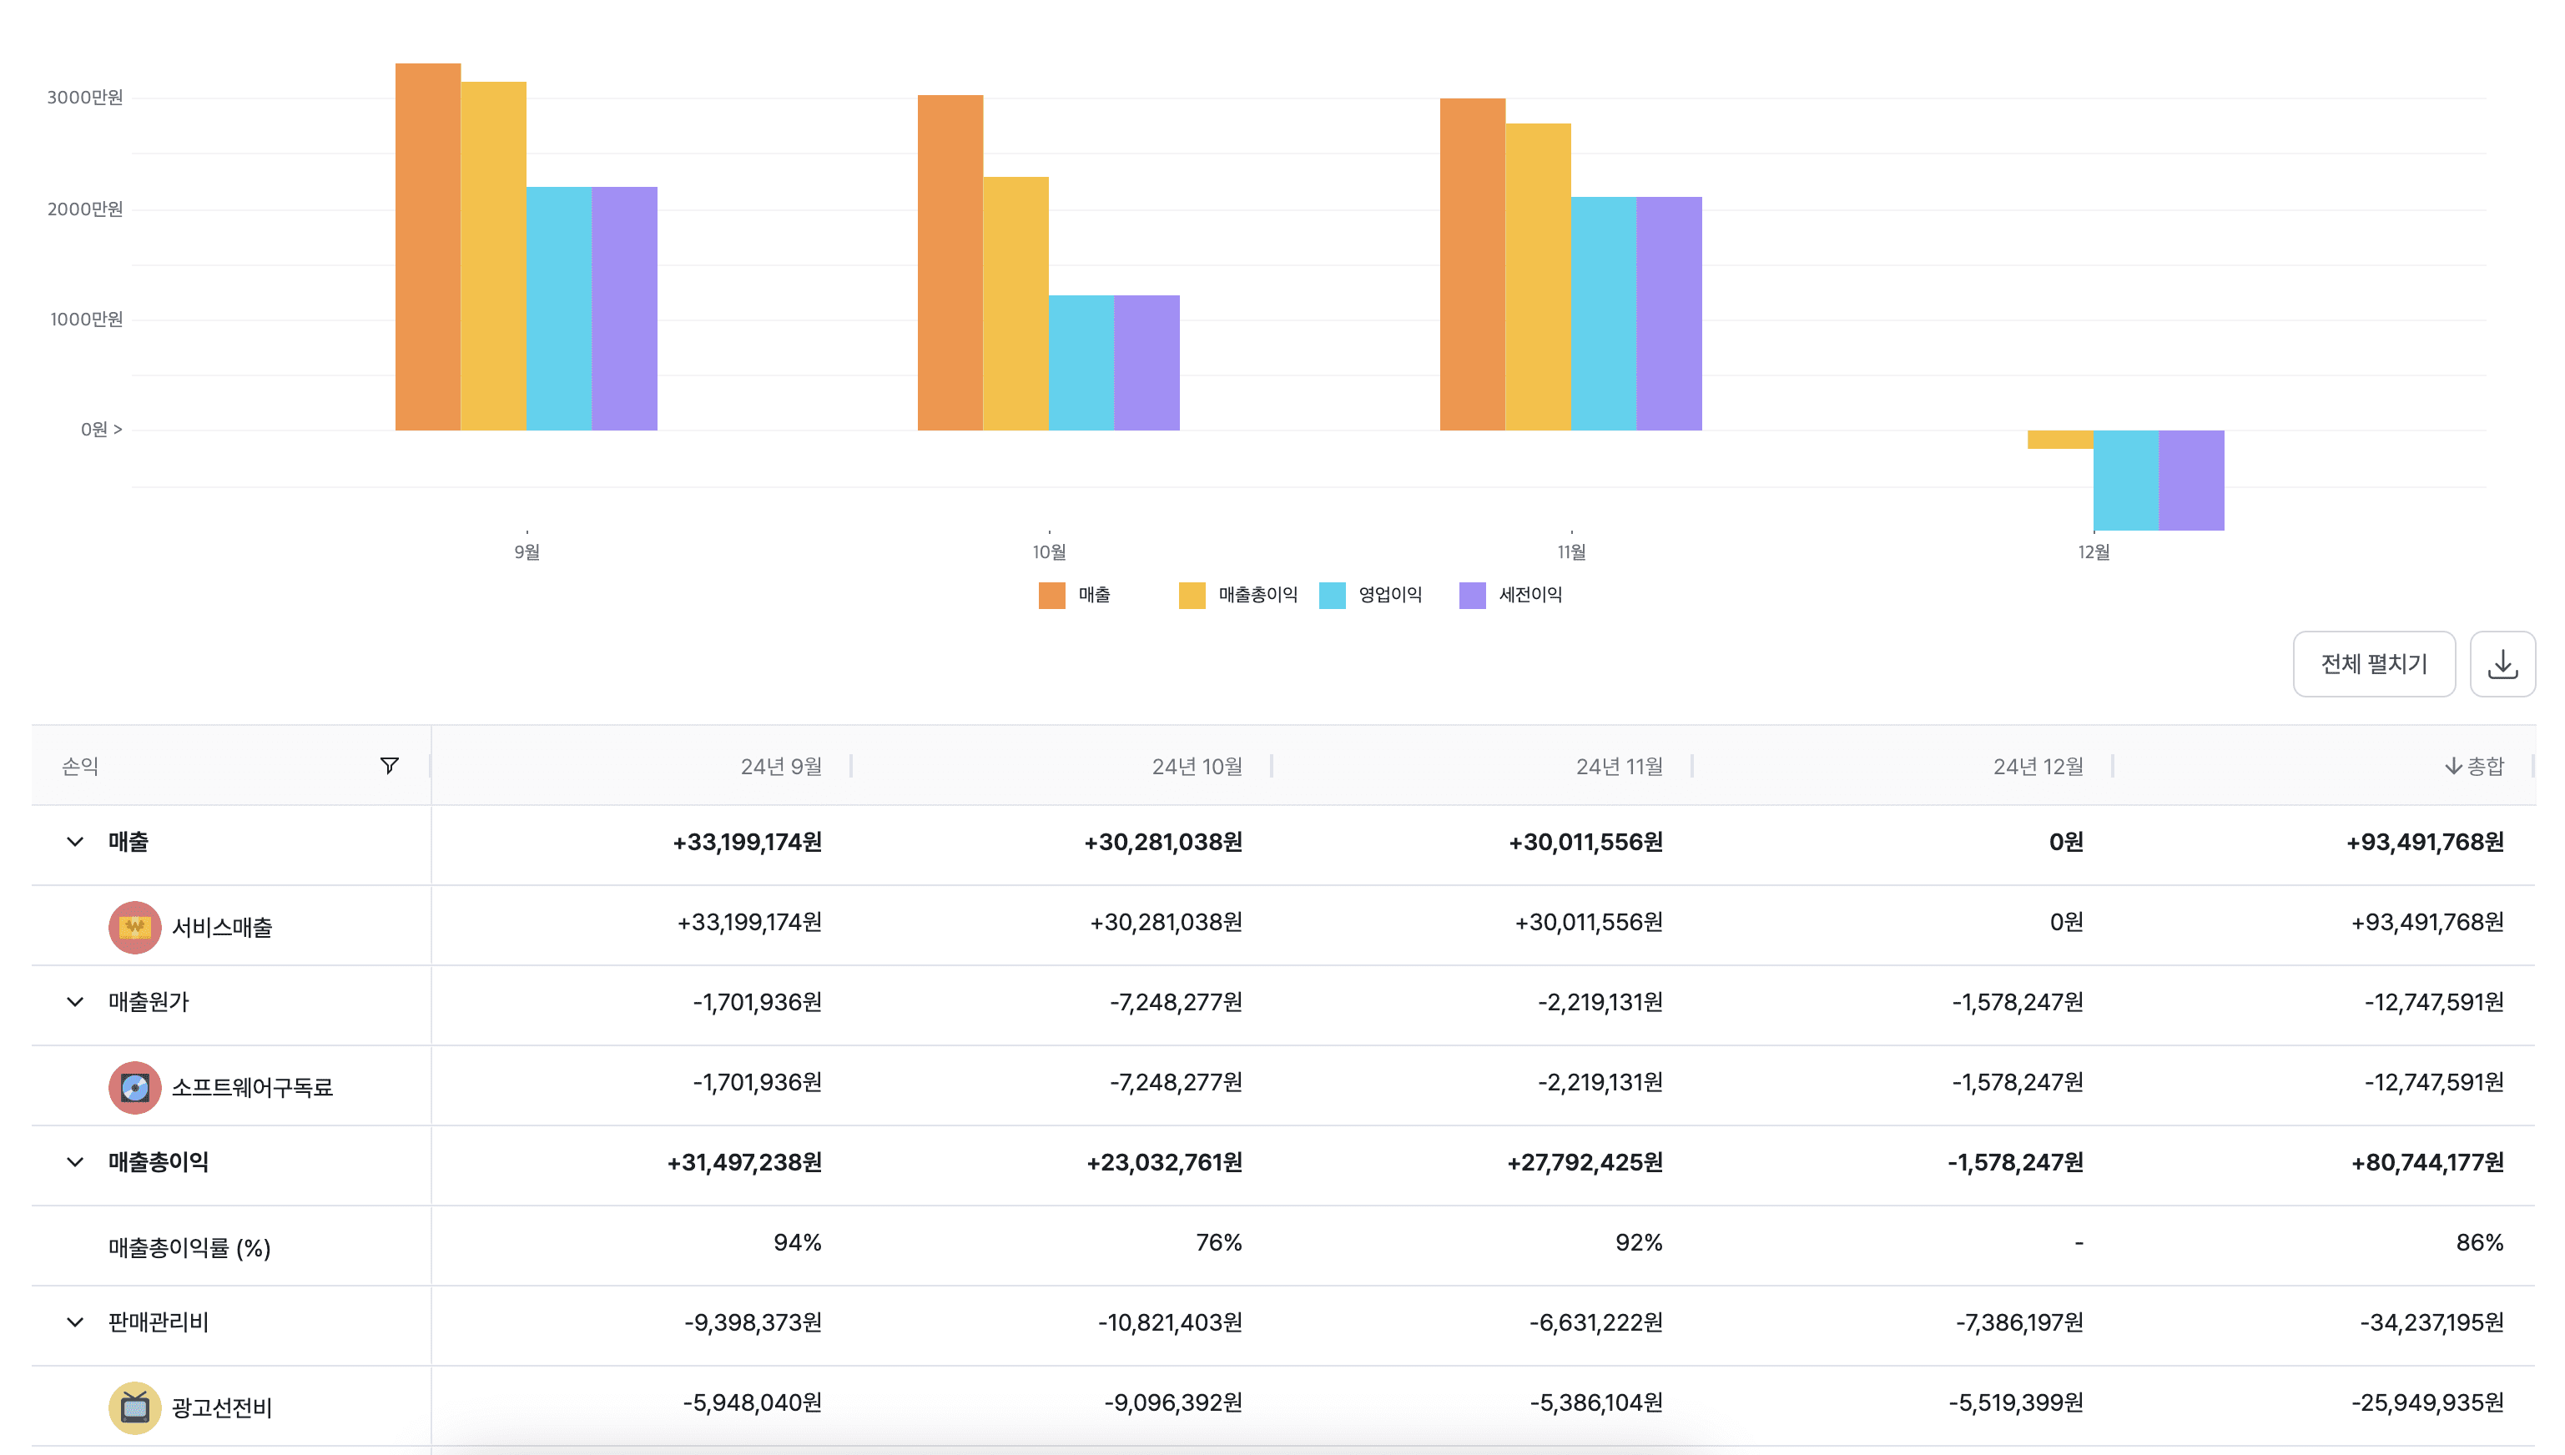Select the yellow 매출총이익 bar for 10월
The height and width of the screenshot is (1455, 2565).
click(1015, 304)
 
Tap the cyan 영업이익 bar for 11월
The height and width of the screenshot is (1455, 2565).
click(1603, 314)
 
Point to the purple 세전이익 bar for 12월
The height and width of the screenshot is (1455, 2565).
click(2190, 480)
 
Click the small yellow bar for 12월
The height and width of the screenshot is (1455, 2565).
click(2059, 440)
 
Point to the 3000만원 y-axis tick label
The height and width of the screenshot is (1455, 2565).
click(85, 98)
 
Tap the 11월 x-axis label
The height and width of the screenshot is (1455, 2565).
click(1570, 551)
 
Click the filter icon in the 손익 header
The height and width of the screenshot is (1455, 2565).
click(390, 766)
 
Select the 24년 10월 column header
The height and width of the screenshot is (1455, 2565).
click(1196, 767)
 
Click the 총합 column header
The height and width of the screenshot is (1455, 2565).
click(2475, 767)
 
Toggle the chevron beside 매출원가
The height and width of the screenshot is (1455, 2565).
click(75, 1002)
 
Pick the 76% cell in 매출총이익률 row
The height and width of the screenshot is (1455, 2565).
click(1218, 1243)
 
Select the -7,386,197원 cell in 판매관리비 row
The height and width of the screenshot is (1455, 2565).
click(2018, 1323)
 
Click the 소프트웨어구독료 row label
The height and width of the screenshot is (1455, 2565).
click(252, 1087)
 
